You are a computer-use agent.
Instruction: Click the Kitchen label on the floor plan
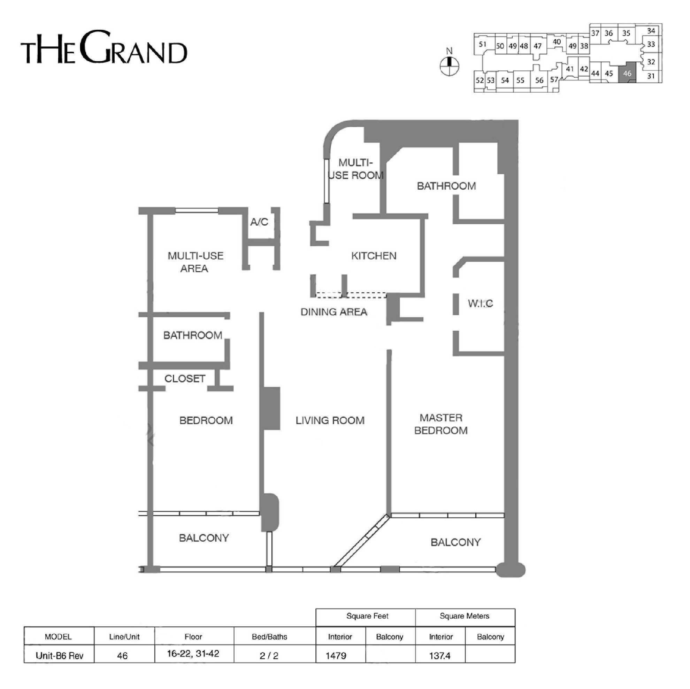tap(374, 256)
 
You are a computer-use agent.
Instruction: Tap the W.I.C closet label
tap(480, 304)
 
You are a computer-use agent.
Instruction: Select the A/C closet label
tap(259, 222)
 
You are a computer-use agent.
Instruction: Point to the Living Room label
tap(330, 420)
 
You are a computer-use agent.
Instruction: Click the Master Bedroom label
tap(441, 424)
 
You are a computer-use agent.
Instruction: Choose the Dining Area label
tap(333, 312)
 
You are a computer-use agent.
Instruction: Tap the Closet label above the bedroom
tap(185, 379)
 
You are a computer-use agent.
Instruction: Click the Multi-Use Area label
tap(195, 262)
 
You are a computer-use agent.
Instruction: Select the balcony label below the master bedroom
tap(455, 543)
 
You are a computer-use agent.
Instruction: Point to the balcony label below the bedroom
tap(204, 538)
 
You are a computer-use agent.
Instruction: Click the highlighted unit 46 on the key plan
tap(627, 73)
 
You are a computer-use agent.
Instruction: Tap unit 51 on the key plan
tap(483, 45)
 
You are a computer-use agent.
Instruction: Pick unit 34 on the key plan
tap(651, 31)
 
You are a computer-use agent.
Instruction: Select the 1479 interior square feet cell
tap(336, 656)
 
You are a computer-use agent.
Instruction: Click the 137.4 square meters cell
tap(440, 656)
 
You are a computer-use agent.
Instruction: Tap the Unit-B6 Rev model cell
tap(59, 656)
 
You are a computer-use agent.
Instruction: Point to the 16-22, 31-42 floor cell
tap(193, 654)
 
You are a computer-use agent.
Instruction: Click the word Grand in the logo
tap(133, 47)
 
